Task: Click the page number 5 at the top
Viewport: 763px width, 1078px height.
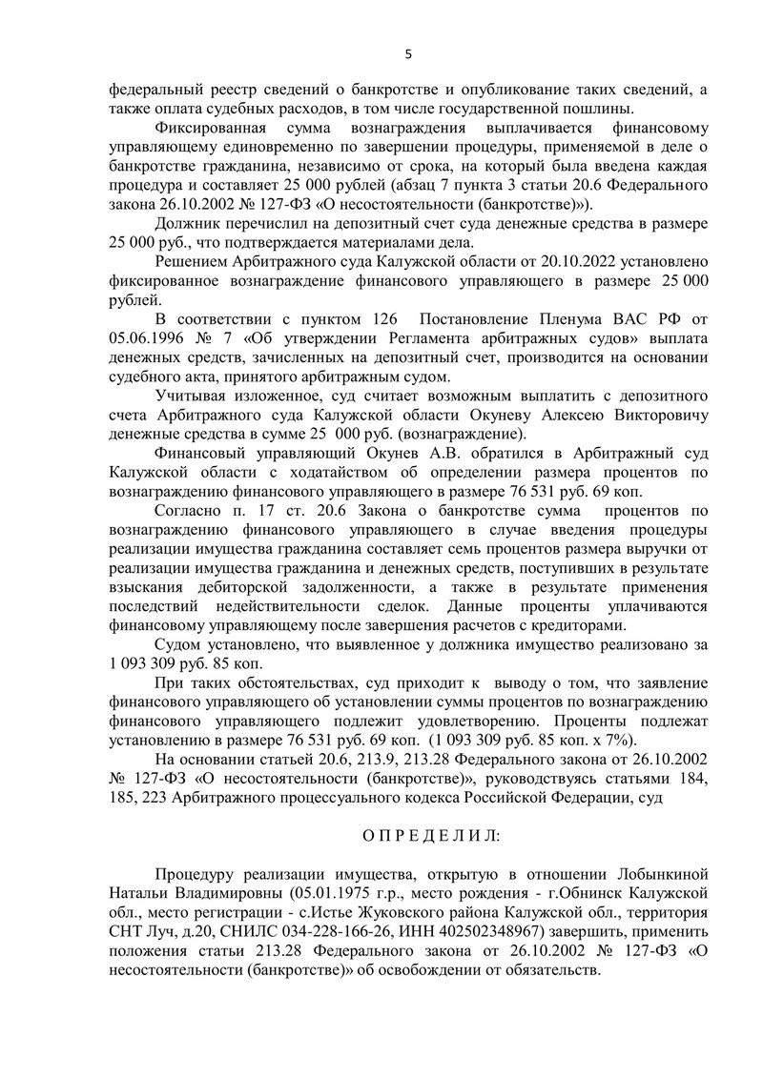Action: coord(408,54)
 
